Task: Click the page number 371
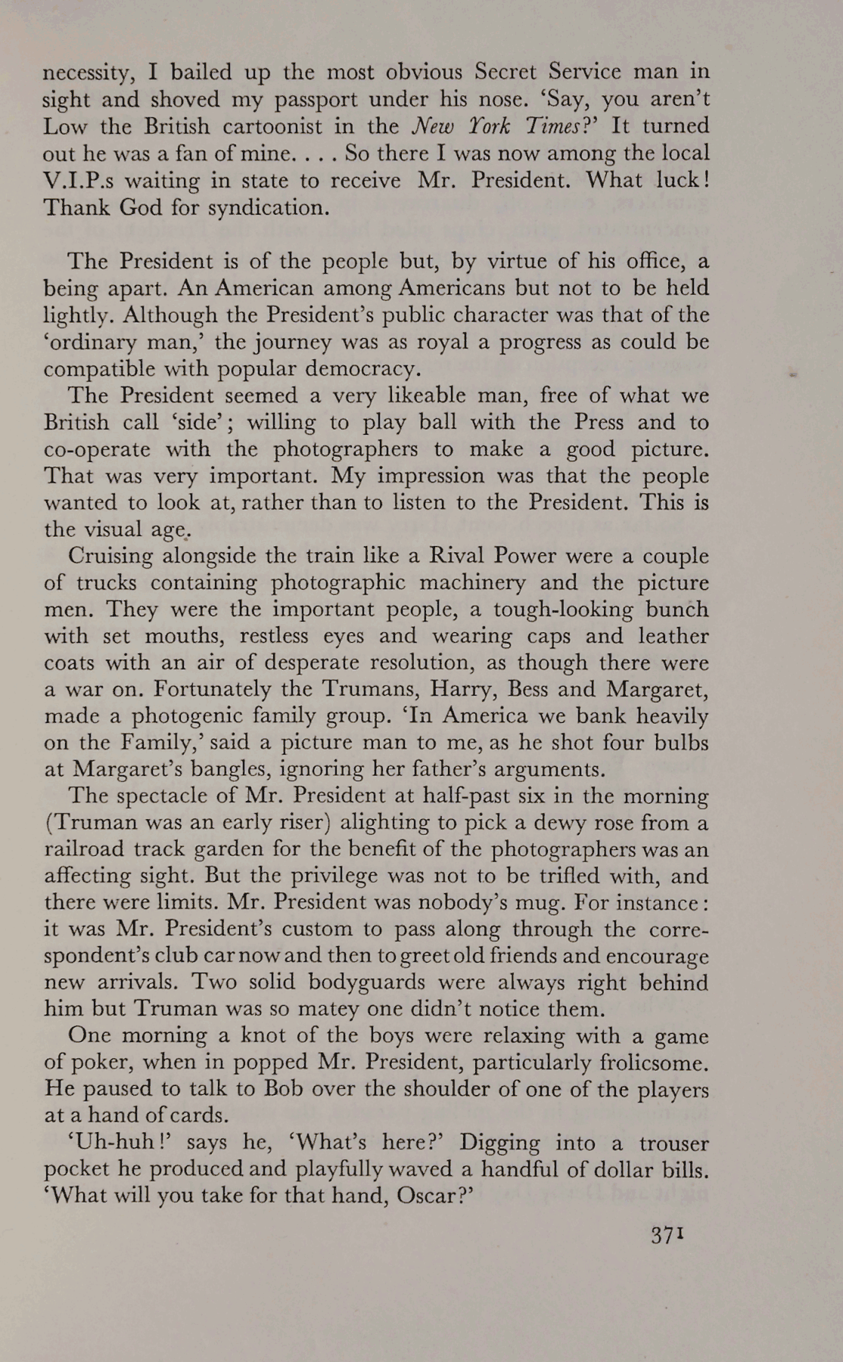[667, 1235]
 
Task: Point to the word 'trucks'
[107, 583]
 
